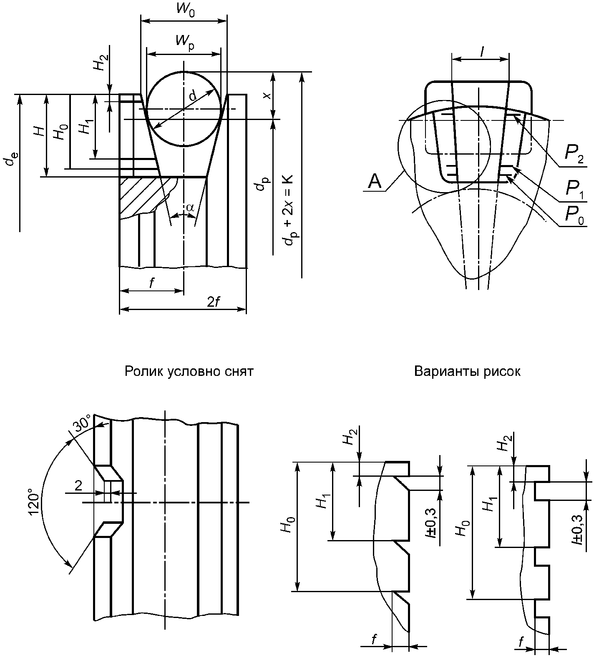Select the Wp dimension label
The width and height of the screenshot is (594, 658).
(x=185, y=41)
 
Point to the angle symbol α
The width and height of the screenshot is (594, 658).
(x=190, y=207)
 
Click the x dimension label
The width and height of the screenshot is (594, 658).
(x=267, y=95)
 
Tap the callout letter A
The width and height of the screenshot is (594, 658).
(x=375, y=182)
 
